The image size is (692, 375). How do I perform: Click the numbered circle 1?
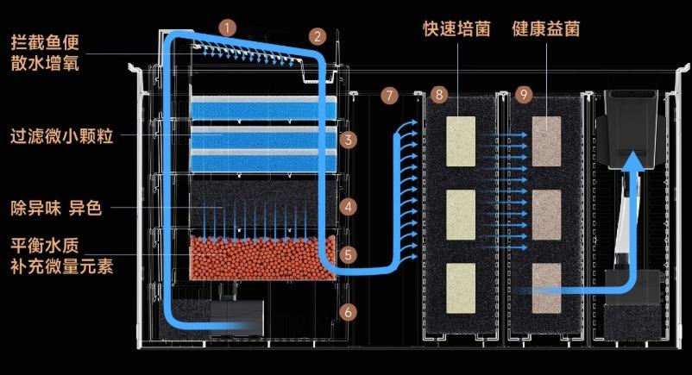[227, 28]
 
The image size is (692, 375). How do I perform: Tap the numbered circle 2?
[318, 36]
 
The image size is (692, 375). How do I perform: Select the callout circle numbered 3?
[349, 141]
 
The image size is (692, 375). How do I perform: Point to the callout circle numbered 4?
[349, 207]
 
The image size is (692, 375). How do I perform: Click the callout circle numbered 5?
[349, 254]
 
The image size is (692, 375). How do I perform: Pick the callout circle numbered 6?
[349, 312]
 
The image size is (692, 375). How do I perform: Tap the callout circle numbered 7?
[389, 96]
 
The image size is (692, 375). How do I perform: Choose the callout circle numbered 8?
[439, 95]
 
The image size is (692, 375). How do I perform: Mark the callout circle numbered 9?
[524, 95]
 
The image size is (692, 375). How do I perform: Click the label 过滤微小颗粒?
[62, 136]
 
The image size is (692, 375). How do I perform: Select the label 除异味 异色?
[56, 208]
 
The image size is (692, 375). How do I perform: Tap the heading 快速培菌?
[456, 28]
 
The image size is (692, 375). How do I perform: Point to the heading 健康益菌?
[546, 28]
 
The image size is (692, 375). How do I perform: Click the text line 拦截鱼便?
[45, 43]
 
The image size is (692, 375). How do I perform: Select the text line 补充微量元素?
[62, 266]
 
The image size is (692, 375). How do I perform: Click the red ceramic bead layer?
[262, 258]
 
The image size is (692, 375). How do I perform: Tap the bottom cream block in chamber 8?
[461, 288]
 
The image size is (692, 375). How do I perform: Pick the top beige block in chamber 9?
[546, 141]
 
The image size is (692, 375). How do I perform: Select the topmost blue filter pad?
[263, 108]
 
